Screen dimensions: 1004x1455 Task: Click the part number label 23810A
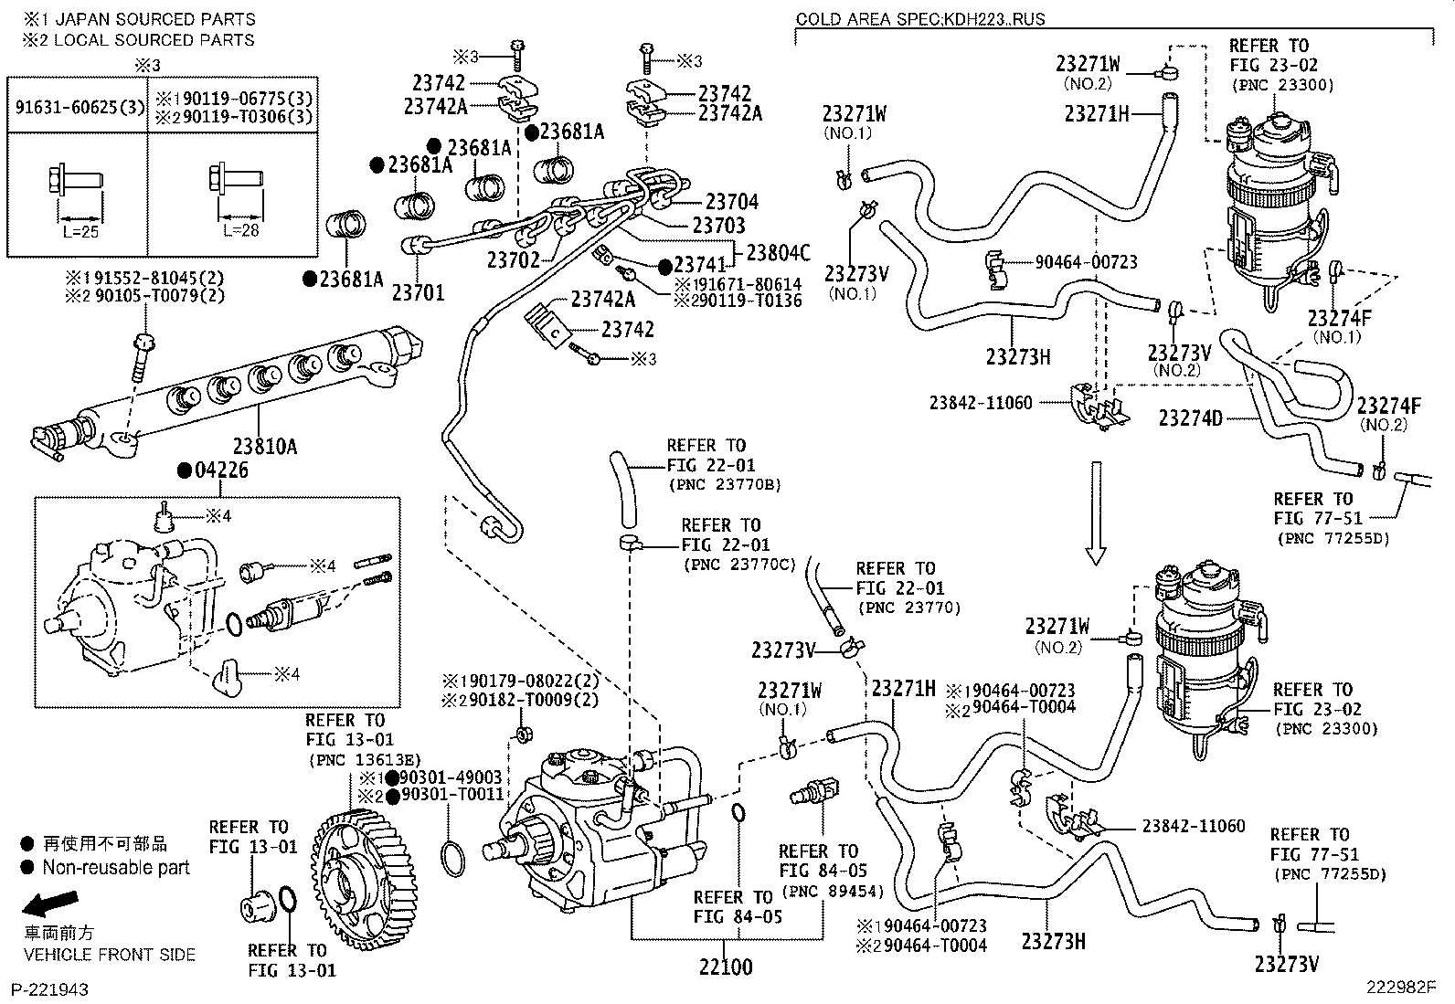click(x=264, y=447)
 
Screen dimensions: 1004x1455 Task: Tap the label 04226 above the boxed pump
click(x=219, y=470)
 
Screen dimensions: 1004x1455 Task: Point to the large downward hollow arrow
click(x=1096, y=513)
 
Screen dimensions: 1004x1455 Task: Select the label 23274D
click(x=1190, y=417)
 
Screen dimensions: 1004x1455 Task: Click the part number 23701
click(x=418, y=292)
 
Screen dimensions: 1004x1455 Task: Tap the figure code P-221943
click(x=49, y=989)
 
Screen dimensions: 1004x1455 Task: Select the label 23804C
click(x=778, y=252)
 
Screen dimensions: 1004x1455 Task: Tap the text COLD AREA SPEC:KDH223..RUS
click(x=919, y=19)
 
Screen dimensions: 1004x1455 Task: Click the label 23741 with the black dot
click(x=699, y=265)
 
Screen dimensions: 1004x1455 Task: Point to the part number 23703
click(x=718, y=225)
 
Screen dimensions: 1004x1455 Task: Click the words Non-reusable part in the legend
click(x=116, y=868)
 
